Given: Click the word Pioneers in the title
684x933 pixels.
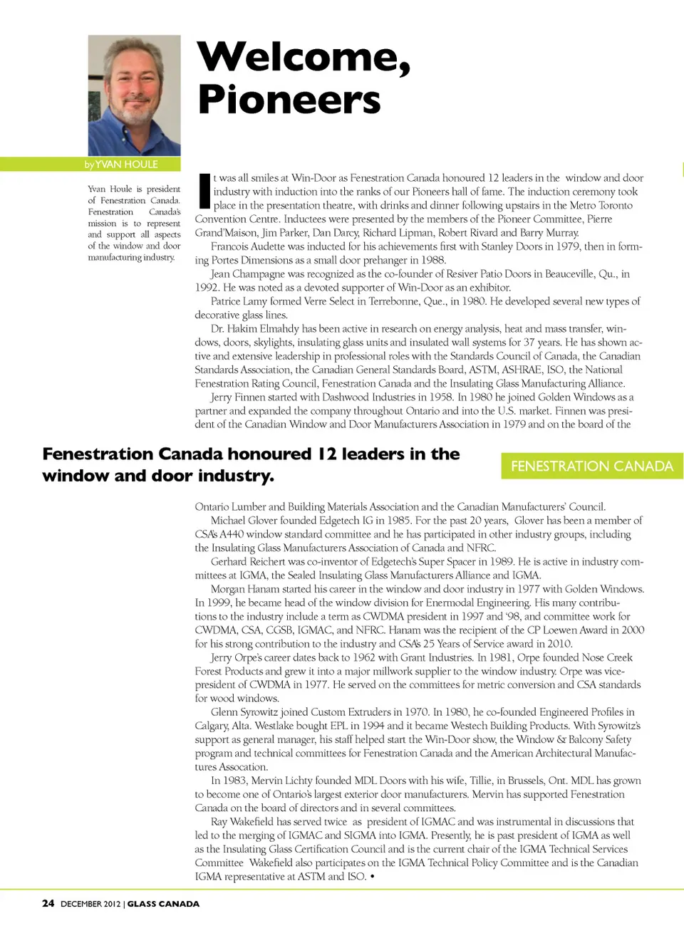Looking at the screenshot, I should (289, 100).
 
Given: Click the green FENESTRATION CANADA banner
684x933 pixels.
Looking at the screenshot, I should (591, 466).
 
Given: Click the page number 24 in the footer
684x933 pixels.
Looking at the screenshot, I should (48, 903).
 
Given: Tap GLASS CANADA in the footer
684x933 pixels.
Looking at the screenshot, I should (163, 904).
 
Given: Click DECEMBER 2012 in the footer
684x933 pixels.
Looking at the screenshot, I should (90, 904).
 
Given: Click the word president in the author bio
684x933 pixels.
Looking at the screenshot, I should (164, 189).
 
